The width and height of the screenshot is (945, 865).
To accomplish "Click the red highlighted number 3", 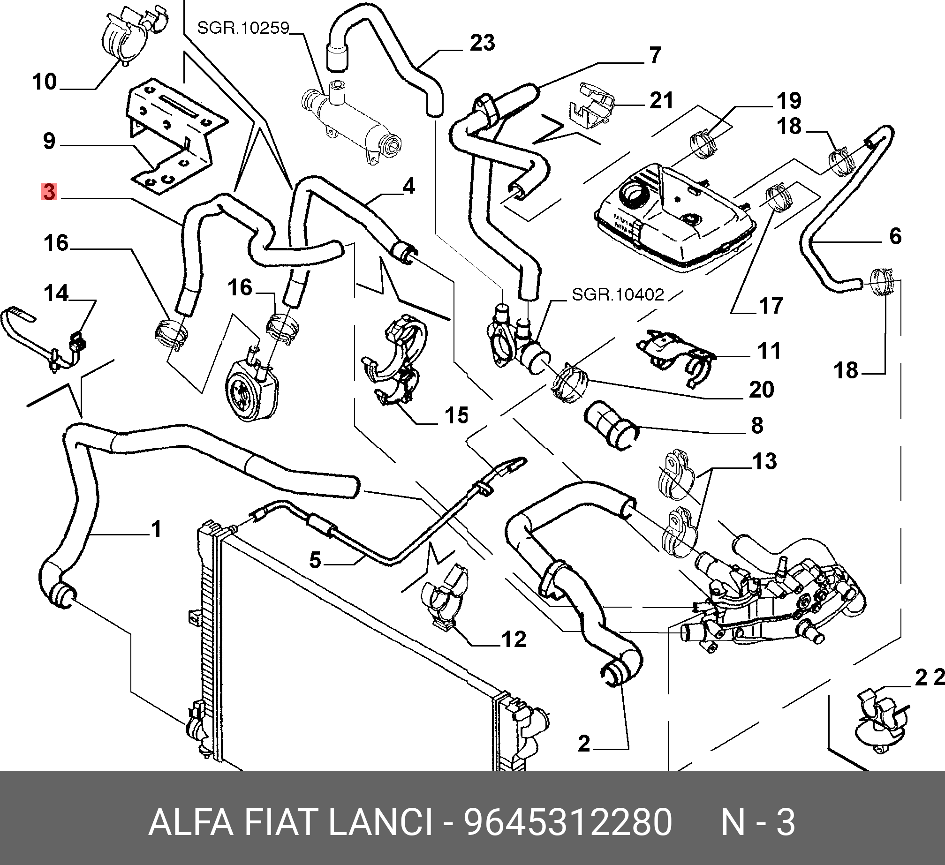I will coord(49,192).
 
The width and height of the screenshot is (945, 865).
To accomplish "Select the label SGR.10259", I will coord(243,28).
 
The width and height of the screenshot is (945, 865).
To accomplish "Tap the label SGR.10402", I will coord(618,294).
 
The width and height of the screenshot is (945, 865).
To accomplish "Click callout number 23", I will coord(482,43).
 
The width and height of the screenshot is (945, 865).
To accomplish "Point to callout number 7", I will coord(655,55).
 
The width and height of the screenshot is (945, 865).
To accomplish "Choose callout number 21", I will coord(661,101).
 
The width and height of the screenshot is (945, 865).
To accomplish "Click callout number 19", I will coord(789,101).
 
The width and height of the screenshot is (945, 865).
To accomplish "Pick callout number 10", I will coord(45,82).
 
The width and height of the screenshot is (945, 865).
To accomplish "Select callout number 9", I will coord(49,141).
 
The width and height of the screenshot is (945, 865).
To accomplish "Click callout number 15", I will coord(456,415).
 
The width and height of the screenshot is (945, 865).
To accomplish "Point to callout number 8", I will coord(757,426).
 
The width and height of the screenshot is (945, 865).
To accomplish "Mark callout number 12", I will coord(514,639).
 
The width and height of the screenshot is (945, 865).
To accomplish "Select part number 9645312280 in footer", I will coord(568,822).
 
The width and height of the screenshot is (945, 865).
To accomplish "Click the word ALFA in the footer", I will coord(190,822).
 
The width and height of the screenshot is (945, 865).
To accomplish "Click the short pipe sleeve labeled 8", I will coord(611,425).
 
